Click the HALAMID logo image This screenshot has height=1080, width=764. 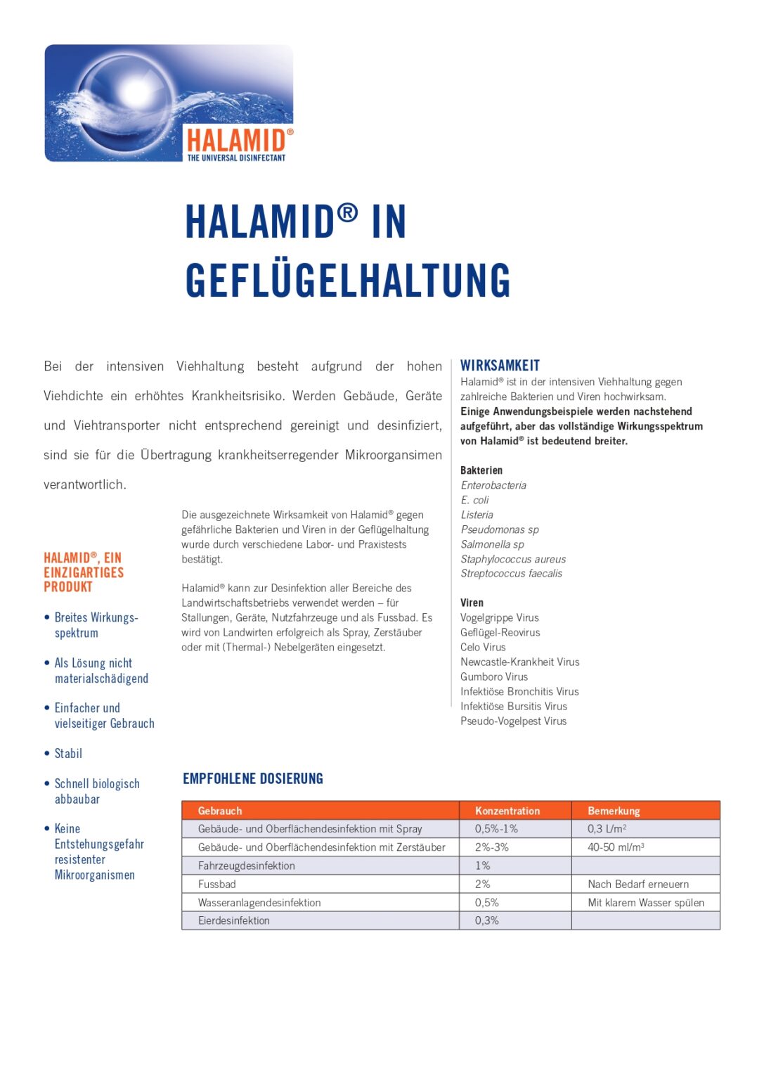(169, 103)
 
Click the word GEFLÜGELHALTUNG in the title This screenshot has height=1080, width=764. (348, 281)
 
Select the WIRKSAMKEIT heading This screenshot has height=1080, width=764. (500, 366)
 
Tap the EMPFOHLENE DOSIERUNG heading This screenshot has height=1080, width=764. (253, 778)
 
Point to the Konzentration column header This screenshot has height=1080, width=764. (507, 811)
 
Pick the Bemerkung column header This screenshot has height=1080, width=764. (614, 811)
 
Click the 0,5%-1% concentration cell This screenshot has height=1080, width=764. (496, 829)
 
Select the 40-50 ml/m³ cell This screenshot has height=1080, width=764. (616, 847)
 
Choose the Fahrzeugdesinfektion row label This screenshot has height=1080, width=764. (246, 866)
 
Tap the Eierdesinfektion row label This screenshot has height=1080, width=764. (233, 920)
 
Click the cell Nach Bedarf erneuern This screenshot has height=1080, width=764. (638, 884)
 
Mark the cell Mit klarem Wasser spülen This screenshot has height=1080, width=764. (646, 902)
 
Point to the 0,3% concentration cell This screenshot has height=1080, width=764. (486, 920)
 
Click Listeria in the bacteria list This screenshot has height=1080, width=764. (477, 515)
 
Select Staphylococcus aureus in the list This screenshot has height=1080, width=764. (513, 559)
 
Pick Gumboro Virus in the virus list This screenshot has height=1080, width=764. (494, 676)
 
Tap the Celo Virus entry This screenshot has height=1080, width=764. (483, 647)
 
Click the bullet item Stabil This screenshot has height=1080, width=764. (68, 753)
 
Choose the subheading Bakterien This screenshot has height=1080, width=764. (481, 470)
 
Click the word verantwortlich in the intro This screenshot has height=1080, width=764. (84, 484)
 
